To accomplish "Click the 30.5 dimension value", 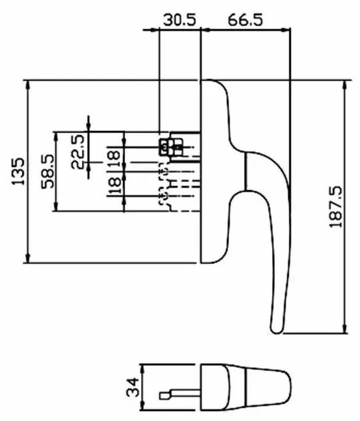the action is (x=180, y=20).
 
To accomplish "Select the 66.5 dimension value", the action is (x=246, y=20).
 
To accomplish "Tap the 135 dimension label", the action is (x=19, y=172).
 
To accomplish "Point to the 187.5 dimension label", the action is (x=335, y=207).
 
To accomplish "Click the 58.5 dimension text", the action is (x=48, y=172).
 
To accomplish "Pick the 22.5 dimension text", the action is (x=78, y=152).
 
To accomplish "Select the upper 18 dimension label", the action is (x=114, y=159).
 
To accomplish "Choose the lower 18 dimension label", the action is (x=114, y=186).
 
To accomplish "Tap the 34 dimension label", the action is (x=132, y=387).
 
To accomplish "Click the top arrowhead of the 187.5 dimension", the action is (x=345, y=85).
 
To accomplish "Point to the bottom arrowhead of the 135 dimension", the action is (x=28, y=258).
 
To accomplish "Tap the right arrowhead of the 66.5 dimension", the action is (x=285, y=30).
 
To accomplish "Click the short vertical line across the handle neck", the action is (x=246, y=172).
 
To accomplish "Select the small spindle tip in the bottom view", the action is (x=164, y=396).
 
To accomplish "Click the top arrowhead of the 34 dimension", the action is (x=143, y=369).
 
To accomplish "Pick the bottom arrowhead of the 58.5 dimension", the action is (x=56, y=206).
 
